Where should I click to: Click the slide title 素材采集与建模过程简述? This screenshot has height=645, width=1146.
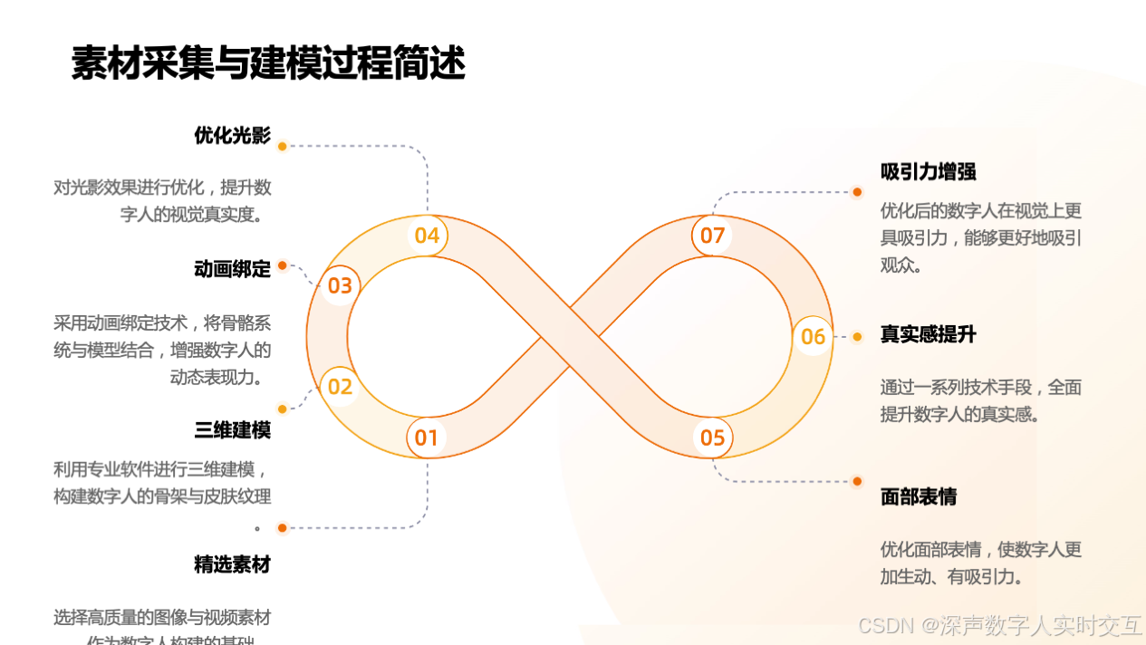(268, 64)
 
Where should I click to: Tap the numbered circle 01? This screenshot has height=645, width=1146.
(427, 438)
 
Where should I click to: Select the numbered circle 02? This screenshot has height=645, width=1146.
(340, 387)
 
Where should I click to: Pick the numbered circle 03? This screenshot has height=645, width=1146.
(340, 286)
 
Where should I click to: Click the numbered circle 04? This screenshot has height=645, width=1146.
(427, 236)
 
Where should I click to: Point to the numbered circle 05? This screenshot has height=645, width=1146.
(713, 438)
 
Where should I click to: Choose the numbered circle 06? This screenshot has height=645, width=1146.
(814, 337)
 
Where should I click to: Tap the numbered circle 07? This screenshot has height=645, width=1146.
(713, 236)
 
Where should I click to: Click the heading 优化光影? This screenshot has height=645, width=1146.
(232, 136)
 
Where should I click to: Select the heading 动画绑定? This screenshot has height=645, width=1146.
(232, 269)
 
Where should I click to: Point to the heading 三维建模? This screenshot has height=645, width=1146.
(232, 429)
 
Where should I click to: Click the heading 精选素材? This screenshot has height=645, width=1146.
(232, 564)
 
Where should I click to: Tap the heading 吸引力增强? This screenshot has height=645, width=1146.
(928, 172)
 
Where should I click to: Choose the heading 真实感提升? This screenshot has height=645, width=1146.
(928, 334)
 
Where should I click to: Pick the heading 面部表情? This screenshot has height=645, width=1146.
(918, 496)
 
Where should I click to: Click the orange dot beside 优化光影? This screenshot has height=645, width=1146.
(283, 146)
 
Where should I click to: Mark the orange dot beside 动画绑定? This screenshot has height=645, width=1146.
(283, 265)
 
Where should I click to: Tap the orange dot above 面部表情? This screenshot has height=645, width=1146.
(857, 481)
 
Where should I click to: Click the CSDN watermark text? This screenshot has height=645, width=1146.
(999, 625)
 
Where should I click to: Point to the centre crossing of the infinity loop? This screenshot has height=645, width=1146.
(570, 337)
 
